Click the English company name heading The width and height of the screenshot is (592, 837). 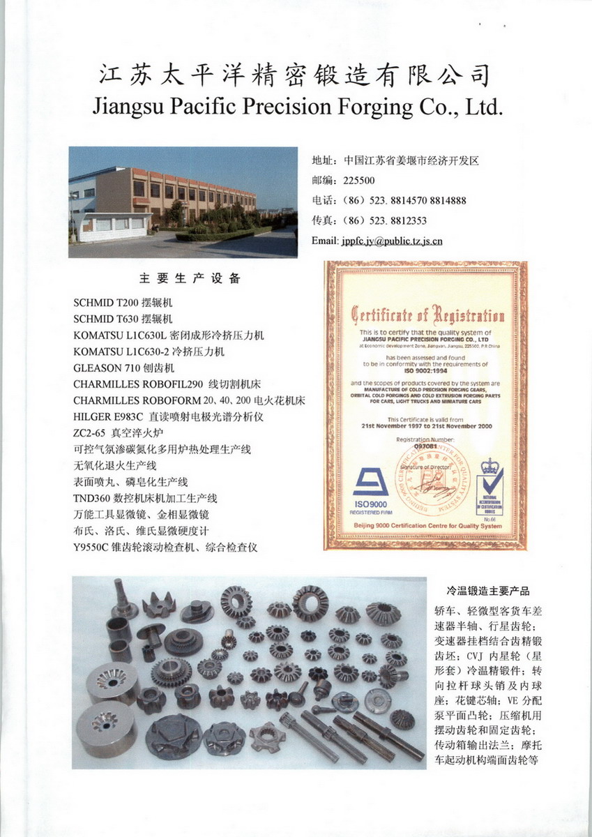[297, 107]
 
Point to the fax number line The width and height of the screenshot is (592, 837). [369, 220]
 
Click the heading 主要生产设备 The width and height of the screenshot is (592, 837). [190, 279]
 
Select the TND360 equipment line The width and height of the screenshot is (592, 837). [145, 498]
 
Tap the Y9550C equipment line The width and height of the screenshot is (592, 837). [165, 548]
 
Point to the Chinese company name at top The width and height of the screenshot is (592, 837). [296, 75]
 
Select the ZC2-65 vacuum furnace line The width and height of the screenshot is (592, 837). [117, 432]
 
